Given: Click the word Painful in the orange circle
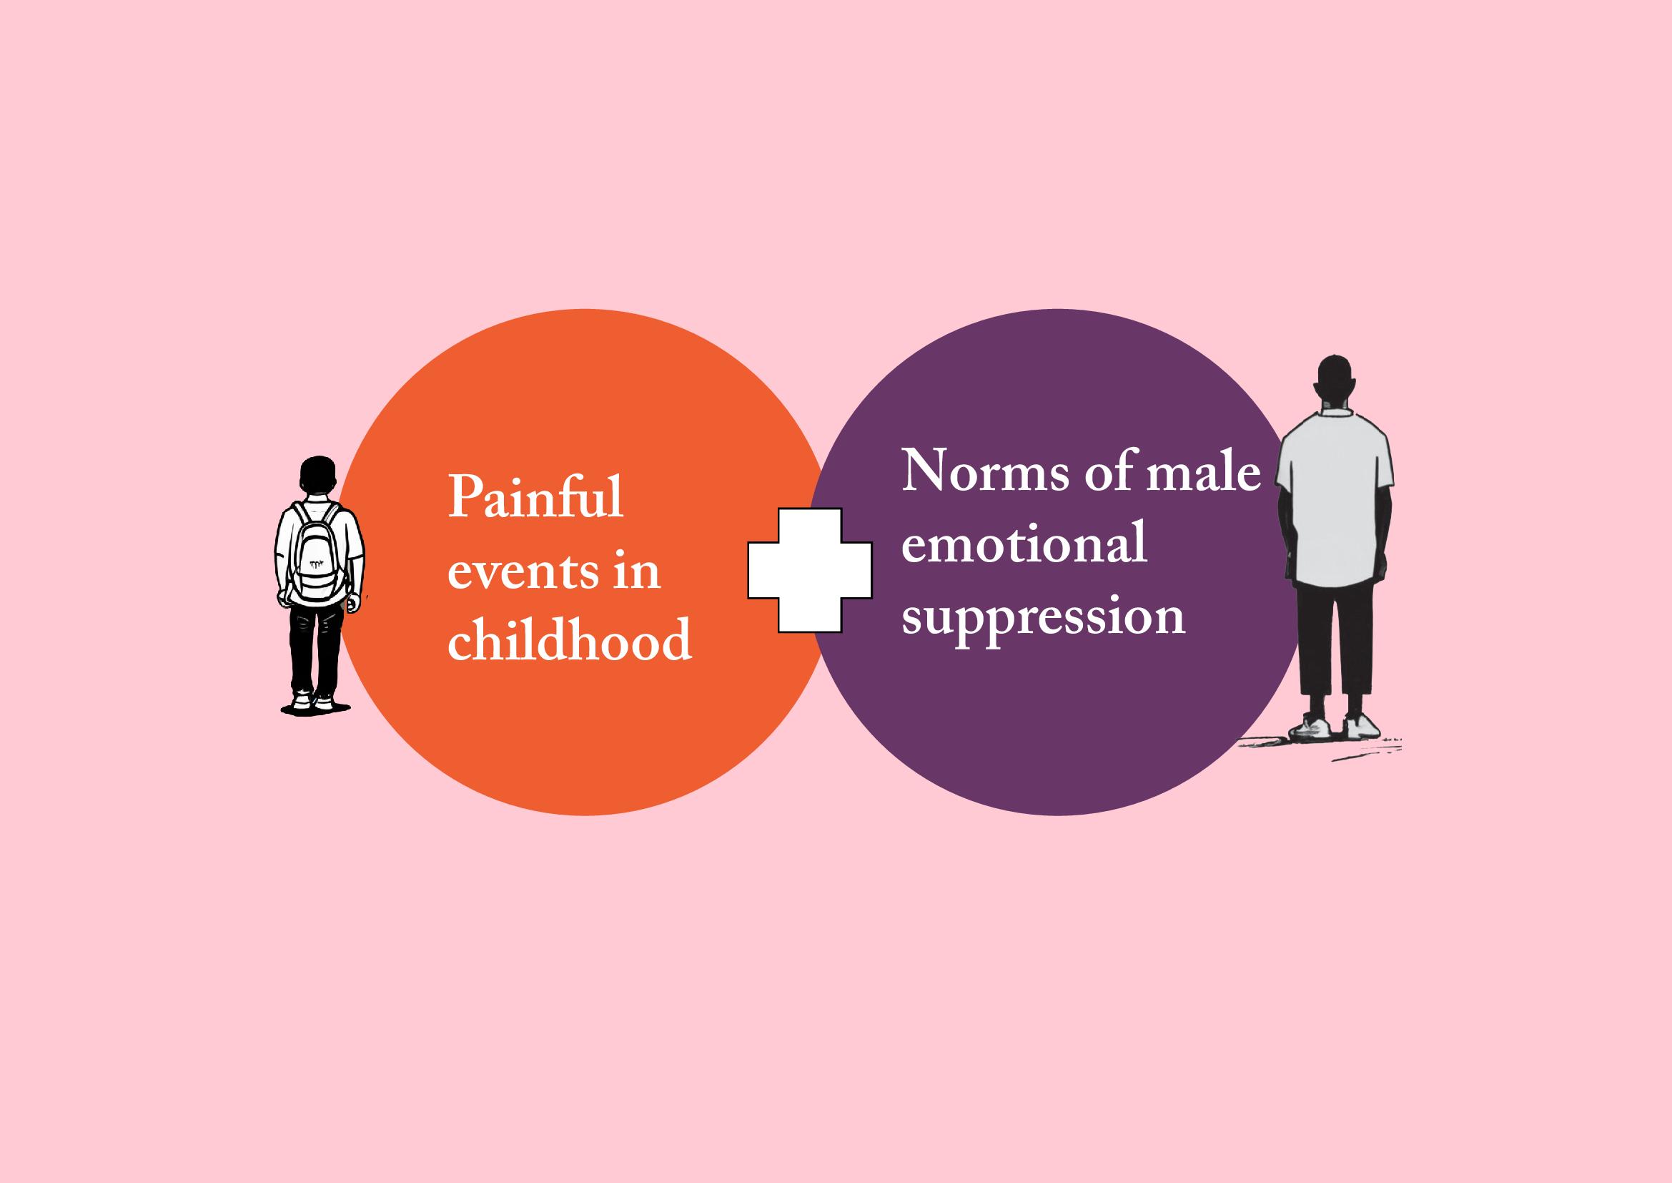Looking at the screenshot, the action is pyautogui.click(x=535, y=498).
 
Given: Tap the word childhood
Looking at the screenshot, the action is pyautogui.click(x=569, y=641).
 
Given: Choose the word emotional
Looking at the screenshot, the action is pyautogui.click(x=1024, y=545).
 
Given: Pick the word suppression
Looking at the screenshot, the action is pyautogui.click(x=1044, y=618).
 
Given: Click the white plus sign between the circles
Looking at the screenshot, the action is pyautogui.click(x=810, y=569).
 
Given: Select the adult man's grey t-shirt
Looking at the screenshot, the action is pyautogui.click(x=1335, y=503).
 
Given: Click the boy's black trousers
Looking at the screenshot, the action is pyautogui.click(x=315, y=644).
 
